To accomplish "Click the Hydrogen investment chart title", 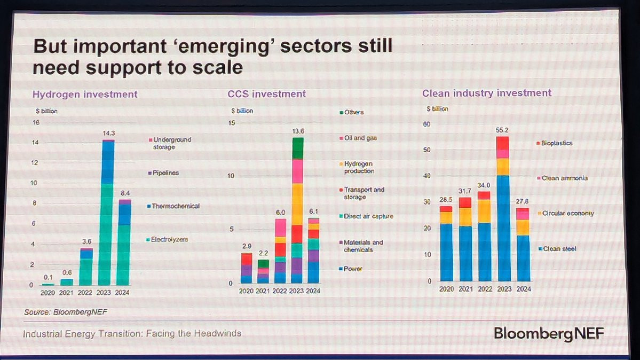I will [85, 95].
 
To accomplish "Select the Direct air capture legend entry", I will [368, 216].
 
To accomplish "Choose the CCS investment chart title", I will [266, 94].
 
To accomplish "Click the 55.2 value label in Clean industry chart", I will [502, 130].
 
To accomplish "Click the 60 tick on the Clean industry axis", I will [426, 124].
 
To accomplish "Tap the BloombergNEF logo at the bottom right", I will [549, 334].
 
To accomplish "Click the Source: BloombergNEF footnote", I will [62, 312].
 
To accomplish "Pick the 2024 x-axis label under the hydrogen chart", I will [123, 293].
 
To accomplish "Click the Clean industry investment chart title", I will [486, 93].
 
